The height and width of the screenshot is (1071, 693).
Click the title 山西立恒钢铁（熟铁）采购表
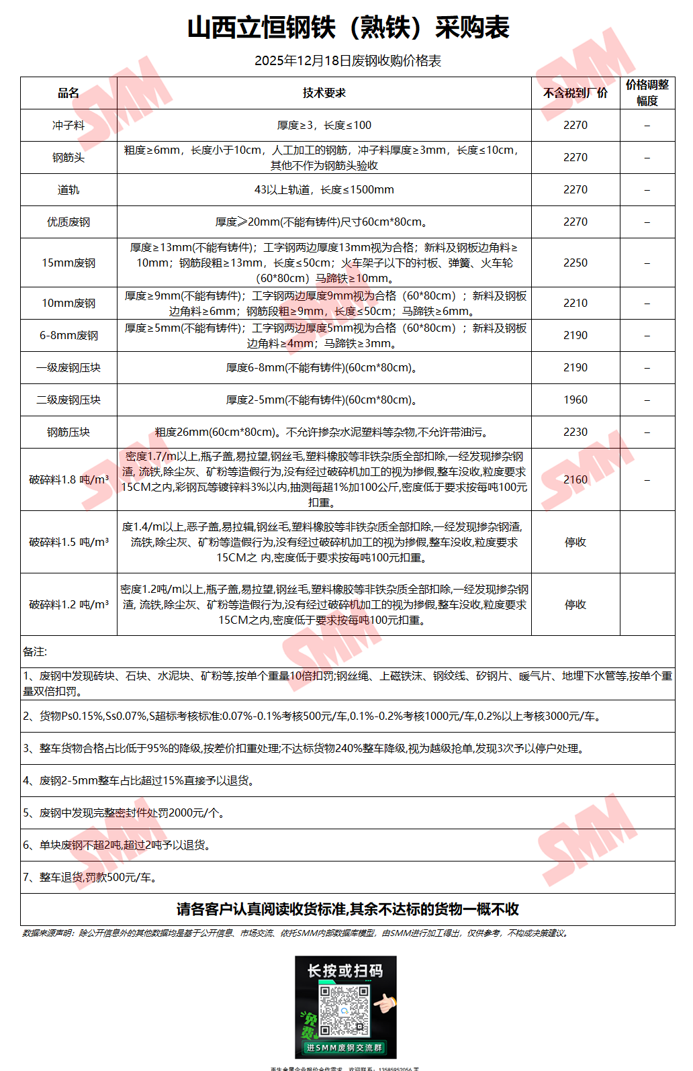348,28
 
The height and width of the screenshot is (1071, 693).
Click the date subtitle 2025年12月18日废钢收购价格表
348,61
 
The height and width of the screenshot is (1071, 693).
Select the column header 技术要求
324,93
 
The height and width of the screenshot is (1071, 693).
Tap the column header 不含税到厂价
575,93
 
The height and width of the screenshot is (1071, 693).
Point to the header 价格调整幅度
647,93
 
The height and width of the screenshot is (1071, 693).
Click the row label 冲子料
68,126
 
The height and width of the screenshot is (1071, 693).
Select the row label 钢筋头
68,158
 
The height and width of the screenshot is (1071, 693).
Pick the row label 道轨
68,190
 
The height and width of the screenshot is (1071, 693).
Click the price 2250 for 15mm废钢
575,263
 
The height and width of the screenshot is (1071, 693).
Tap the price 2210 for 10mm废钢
575,303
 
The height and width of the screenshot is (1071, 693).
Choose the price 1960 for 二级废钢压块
575,400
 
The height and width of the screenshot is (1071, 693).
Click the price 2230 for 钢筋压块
575,432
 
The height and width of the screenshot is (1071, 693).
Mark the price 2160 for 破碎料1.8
575,479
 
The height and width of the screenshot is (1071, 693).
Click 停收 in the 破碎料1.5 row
575,542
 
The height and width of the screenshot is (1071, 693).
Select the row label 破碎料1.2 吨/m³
68,604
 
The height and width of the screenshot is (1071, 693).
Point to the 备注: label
35,651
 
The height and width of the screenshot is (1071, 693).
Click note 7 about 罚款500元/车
91,877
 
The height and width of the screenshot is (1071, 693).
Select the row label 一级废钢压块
68,367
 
